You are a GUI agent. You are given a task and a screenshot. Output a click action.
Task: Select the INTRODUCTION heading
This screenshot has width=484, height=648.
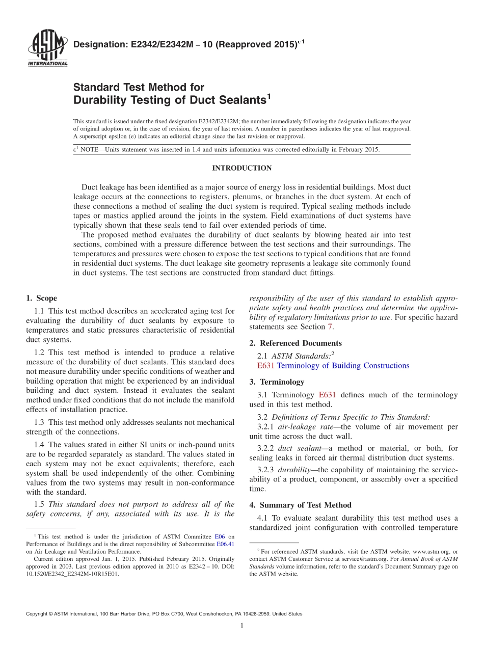[241, 168]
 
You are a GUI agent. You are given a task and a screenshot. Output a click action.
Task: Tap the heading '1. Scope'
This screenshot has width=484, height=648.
[41, 299]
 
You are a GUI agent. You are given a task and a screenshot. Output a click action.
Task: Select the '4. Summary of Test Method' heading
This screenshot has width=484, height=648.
[300, 505]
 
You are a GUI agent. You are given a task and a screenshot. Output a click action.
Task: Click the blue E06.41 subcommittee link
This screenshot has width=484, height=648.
[226, 544]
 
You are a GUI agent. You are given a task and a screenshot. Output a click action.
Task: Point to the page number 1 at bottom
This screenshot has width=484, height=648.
[242, 626]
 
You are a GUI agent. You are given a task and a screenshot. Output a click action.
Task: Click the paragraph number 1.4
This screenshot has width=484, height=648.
[40, 445]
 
